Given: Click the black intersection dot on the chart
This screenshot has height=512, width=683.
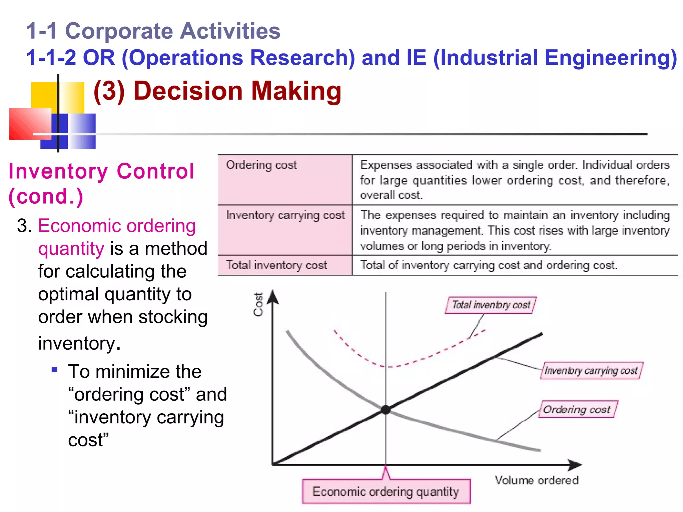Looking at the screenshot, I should point(386,410).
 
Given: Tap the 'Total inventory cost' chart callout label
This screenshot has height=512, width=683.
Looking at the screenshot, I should point(491,305).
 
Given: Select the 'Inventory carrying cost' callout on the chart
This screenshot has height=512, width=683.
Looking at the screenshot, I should point(591,371).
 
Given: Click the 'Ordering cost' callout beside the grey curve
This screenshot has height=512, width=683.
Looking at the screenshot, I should point(577,409).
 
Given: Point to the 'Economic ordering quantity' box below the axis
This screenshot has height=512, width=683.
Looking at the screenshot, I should point(386,492).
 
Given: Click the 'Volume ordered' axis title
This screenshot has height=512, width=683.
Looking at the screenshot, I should point(536,480).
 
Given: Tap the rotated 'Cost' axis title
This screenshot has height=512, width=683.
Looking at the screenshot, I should point(258,304).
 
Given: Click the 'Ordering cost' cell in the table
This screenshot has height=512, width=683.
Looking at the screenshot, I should point(261,165).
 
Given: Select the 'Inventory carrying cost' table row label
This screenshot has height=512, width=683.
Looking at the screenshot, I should point(285,215).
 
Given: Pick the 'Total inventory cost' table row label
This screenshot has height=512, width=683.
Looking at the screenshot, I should point(276,265).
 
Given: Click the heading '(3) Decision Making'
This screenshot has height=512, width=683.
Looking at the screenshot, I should point(217,91).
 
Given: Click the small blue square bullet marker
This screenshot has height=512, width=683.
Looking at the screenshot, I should point(55,369).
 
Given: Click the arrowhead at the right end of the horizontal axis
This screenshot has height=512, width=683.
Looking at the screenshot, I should point(575,464).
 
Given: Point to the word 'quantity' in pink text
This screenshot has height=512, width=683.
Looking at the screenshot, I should point(71,249).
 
